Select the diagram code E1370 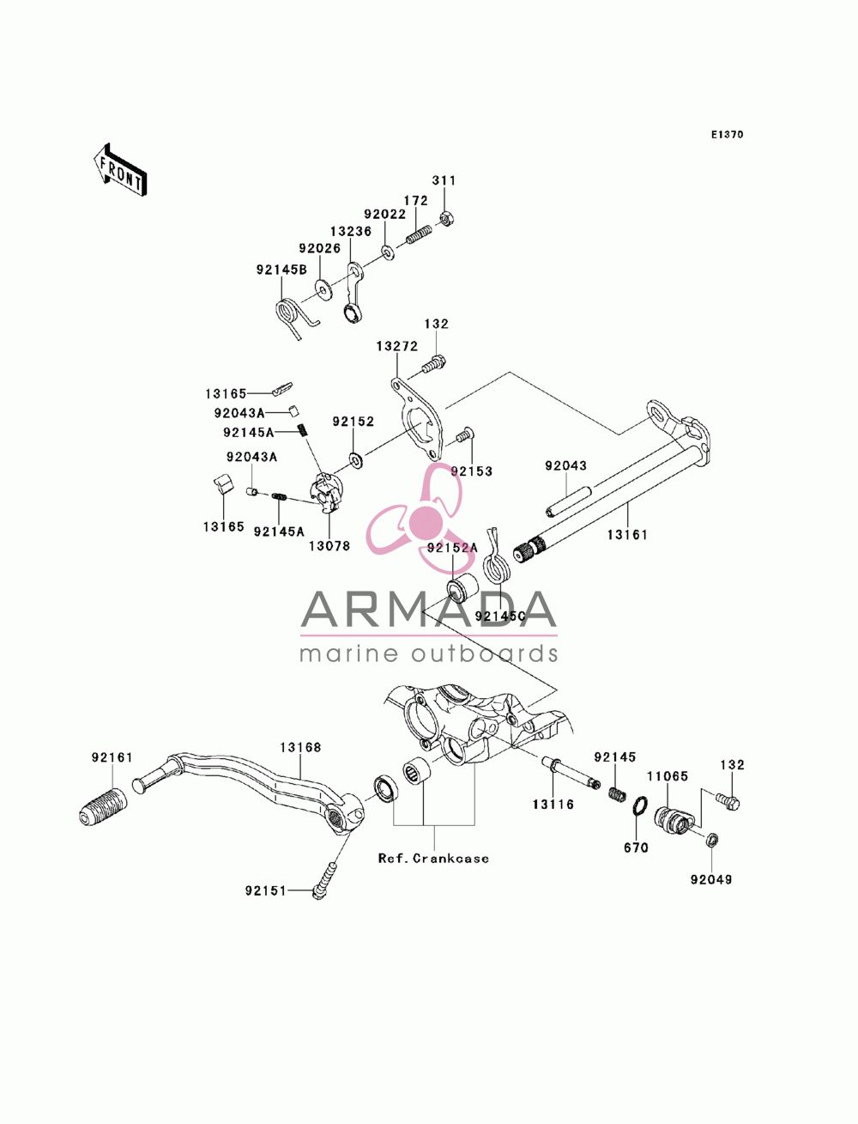(x=727, y=135)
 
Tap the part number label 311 (x=443, y=180)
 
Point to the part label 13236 (x=350, y=232)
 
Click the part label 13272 (x=396, y=346)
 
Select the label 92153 (x=471, y=471)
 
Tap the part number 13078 (x=329, y=546)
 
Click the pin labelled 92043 (x=568, y=501)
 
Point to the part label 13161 (x=627, y=535)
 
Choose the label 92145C (x=500, y=617)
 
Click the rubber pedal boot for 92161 (x=104, y=807)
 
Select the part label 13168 (x=300, y=747)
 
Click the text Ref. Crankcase (x=433, y=858)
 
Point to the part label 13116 (x=553, y=805)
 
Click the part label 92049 (x=711, y=879)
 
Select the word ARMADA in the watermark (x=428, y=609)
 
